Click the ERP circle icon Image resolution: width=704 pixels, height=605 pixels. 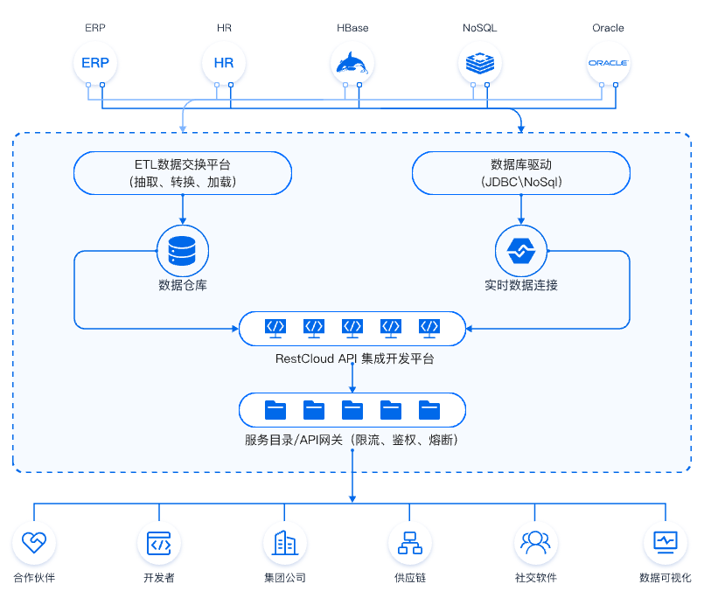click(95, 63)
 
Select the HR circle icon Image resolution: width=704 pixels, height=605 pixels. click(224, 63)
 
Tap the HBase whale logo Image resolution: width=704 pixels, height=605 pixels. click(352, 63)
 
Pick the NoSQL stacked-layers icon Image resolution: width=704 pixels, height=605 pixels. click(480, 63)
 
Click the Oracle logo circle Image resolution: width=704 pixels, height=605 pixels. click(608, 63)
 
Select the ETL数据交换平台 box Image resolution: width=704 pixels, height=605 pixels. click(183, 172)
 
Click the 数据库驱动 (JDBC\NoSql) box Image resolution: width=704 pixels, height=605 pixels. click(521, 172)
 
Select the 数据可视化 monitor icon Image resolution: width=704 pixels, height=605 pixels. click(665, 542)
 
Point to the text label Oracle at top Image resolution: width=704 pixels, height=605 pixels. click(608, 28)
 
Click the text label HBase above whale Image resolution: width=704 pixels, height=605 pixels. click(352, 28)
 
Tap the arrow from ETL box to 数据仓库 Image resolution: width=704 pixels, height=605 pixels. click(183, 209)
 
